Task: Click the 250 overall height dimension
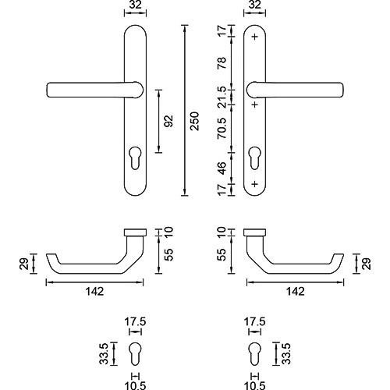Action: [x=194, y=121]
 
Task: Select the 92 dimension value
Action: [x=169, y=121]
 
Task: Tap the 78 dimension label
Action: [x=222, y=63]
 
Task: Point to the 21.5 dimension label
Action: [x=222, y=97]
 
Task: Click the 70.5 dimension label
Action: [x=222, y=128]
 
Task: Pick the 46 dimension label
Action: [x=222, y=168]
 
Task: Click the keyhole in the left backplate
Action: [x=135, y=158]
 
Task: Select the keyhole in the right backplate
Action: [x=254, y=158]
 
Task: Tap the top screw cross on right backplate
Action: [x=255, y=37]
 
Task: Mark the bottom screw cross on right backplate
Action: [x=255, y=184]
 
